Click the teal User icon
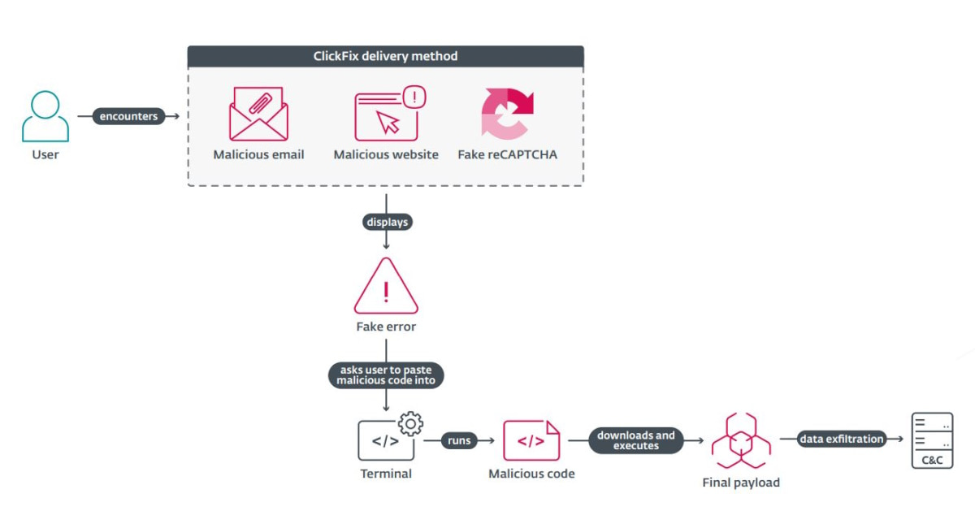click(45, 116)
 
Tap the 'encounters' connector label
click(128, 116)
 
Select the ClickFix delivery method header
click(385, 56)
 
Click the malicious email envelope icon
click(258, 115)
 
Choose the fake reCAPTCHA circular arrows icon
click(507, 113)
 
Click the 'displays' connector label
click(386, 222)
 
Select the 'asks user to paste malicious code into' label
click(387, 375)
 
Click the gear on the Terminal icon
click(411, 423)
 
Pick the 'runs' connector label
click(459, 440)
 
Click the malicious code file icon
click(531, 440)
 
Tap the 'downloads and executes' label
click(636, 440)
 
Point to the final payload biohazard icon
click(740, 441)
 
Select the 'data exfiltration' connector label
click(840, 440)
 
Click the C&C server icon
click(931, 440)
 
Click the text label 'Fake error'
click(386, 327)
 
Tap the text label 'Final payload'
click(741, 483)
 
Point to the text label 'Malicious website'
click(386, 154)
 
